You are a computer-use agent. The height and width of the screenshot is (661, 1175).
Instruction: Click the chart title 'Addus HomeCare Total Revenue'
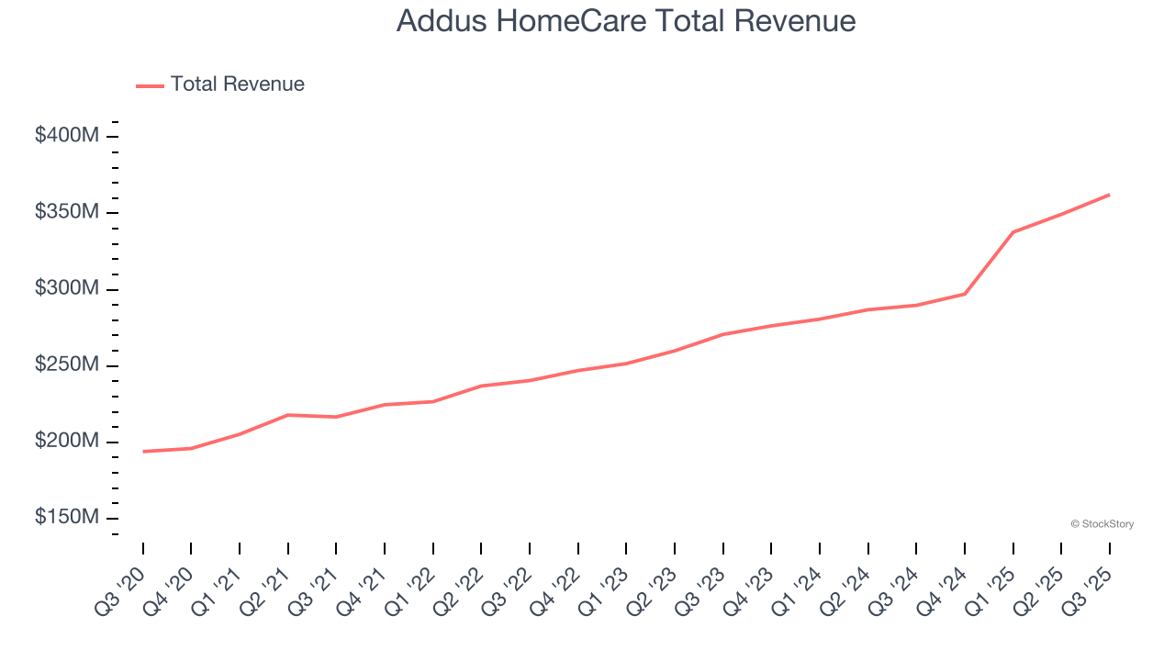click(626, 21)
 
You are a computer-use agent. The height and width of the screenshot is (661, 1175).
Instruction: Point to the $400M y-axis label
click(67, 136)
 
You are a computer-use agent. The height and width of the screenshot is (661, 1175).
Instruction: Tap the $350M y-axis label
click(67, 212)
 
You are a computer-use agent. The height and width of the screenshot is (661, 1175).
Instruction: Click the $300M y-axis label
click(67, 288)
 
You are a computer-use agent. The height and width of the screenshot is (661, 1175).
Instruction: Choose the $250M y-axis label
click(67, 364)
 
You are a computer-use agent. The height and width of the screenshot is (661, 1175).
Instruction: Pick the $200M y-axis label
click(67, 441)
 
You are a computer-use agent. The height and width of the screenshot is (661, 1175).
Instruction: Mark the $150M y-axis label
click(67, 517)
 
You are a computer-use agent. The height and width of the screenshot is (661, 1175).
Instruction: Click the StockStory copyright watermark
click(1102, 524)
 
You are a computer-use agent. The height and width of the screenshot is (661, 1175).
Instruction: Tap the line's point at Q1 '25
click(1013, 232)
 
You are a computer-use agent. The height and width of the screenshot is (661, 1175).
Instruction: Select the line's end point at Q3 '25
click(1109, 195)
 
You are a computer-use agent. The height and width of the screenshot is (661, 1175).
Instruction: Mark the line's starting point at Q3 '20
click(143, 452)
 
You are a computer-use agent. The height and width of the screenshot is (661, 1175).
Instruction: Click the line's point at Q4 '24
click(965, 294)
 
